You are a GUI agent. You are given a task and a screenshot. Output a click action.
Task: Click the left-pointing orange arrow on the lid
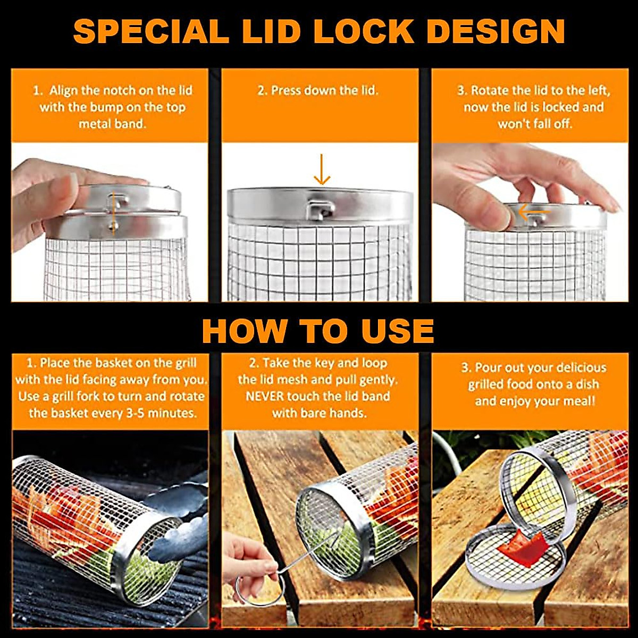(x=533, y=213)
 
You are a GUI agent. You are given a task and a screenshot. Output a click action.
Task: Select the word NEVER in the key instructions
(x=264, y=397)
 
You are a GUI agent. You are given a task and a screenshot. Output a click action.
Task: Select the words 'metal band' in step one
(x=112, y=124)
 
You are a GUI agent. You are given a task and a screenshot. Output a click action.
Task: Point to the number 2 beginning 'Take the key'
(x=253, y=364)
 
